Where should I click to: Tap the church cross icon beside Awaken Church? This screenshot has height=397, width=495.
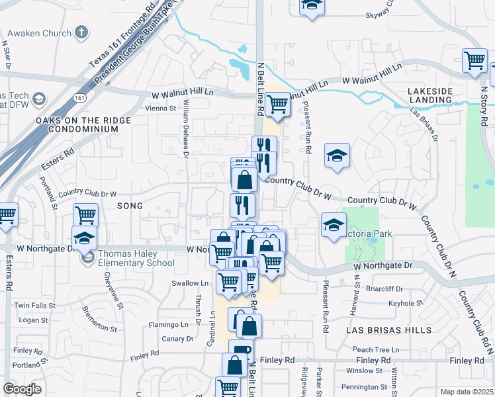(x=81, y=32)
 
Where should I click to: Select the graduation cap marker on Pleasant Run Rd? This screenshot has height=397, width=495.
(x=337, y=155)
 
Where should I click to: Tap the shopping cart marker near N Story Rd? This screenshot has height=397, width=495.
(x=474, y=61)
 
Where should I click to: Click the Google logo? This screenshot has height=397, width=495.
(x=22, y=389)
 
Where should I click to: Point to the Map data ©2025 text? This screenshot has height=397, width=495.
(x=467, y=392)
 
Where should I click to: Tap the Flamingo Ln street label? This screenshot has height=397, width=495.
(x=169, y=325)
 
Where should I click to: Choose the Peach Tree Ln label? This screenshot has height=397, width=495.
(x=377, y=349)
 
